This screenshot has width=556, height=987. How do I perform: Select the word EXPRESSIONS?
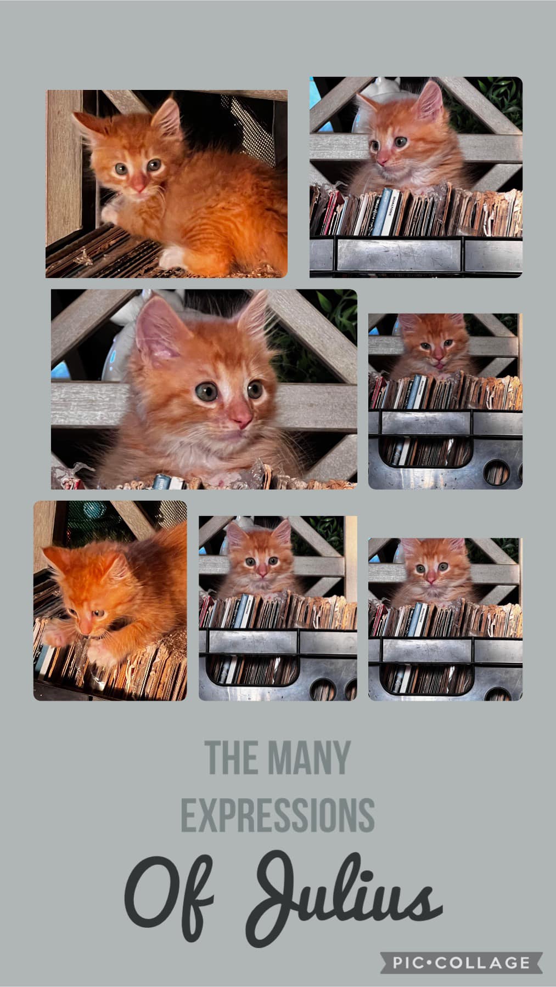(x=278, y=814)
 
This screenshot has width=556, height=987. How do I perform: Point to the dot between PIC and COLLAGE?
(x=431, y=963)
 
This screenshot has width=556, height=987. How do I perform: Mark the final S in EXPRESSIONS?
(x=366, y=814)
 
